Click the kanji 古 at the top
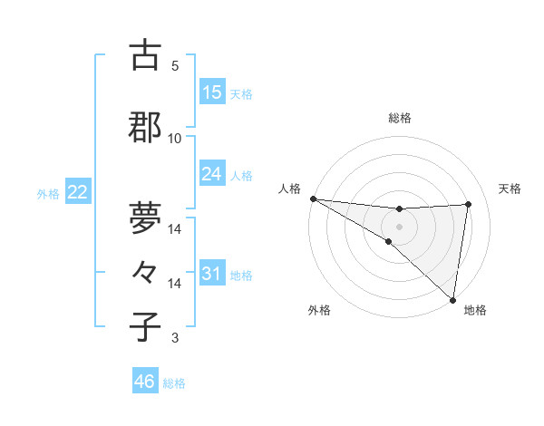[145, 56]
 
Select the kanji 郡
[145, 129]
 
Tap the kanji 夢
[145, 218]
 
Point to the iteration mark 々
[145, 273]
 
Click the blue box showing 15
[212, 92]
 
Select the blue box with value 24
[212, 174]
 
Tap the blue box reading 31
[212, 274]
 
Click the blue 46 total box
[145, 382]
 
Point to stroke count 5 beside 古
[174, 66]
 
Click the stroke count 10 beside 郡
[174, 139]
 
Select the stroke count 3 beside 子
[174, 338]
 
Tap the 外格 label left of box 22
[48, 193]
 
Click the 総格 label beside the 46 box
[174, 383]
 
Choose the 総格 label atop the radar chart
[399, 118]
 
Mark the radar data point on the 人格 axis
[313, 198]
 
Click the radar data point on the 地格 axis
[452, 298]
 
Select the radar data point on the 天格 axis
[469, 204]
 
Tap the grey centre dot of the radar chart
[399, 225]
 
